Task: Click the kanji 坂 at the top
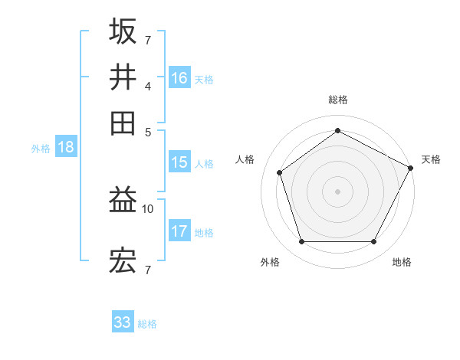[x=123, y=31]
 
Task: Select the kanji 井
[x=123, y=77]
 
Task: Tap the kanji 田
[x=123, y=123]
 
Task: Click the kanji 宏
[x=123, y=263]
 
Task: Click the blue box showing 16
[x=179, y=77]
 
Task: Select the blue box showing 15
[x=179, y=162]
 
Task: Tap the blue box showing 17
[x=179, y=231]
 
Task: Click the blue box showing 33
[x=123, y=322]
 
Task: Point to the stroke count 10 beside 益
[x=148, y=208]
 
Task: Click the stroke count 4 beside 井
[x=148, y=85]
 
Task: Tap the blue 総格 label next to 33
[x=147, y=324]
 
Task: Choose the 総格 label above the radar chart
[x=337, y=100]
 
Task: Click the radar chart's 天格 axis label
[x=431, y=159]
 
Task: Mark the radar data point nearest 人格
[x=280, y=172]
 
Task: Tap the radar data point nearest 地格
[x=373, y=241]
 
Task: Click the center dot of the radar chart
[x=337, y=191]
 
